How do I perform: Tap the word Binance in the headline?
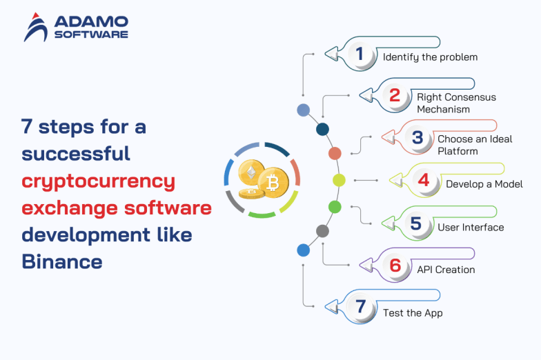(62, 261)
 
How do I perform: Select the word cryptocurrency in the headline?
(98, 181)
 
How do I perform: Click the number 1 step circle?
(359, 53)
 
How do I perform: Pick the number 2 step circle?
(394, 95)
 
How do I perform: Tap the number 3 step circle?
(417, 137)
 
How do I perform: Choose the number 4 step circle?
(424, 180)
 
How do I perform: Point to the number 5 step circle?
(415, 223)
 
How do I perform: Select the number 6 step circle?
(395, 266)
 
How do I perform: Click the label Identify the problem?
(430, 57)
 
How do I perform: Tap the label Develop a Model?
(484, 184)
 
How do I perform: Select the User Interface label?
(471, 227)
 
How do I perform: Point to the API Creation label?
(446, 270)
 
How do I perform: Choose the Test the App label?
(413, 312)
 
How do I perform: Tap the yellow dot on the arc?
(339, 180)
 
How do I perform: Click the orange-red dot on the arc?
(335, 153)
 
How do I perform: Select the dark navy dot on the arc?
(322, 129)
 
